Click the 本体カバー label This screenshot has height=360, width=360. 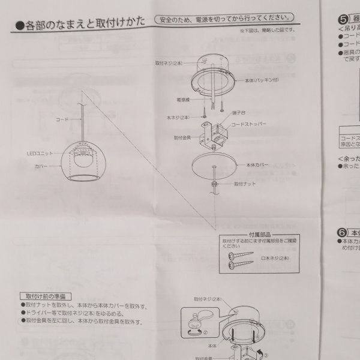click(259, 163)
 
